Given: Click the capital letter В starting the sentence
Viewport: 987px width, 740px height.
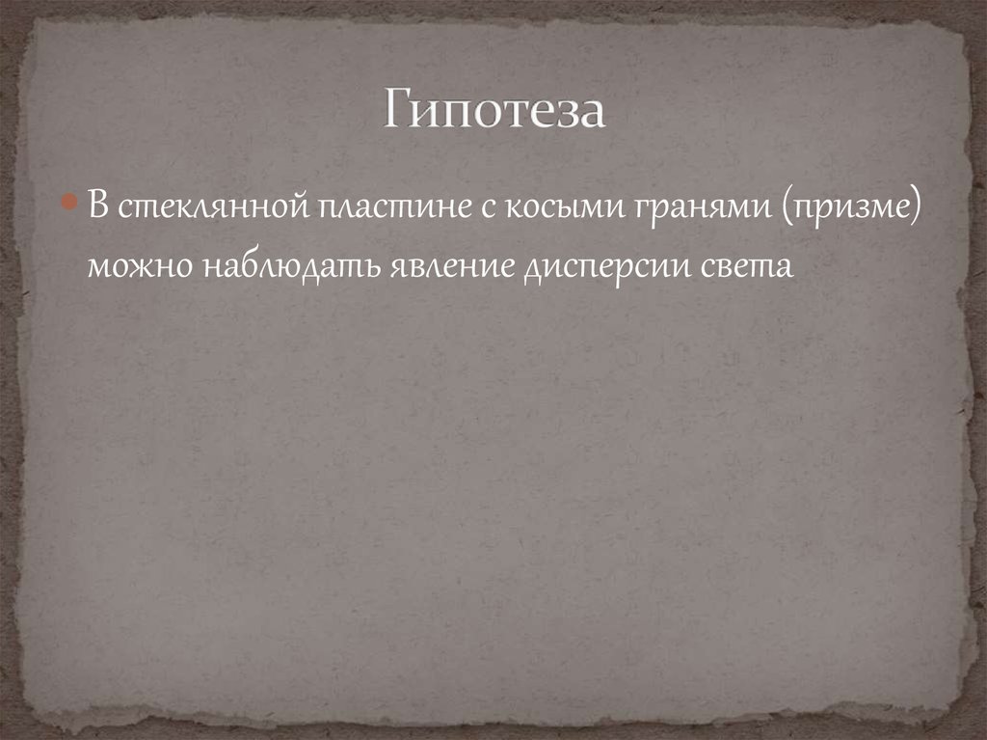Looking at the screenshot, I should click(98, 206).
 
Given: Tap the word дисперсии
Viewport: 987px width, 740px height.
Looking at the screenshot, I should click(613, 267).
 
